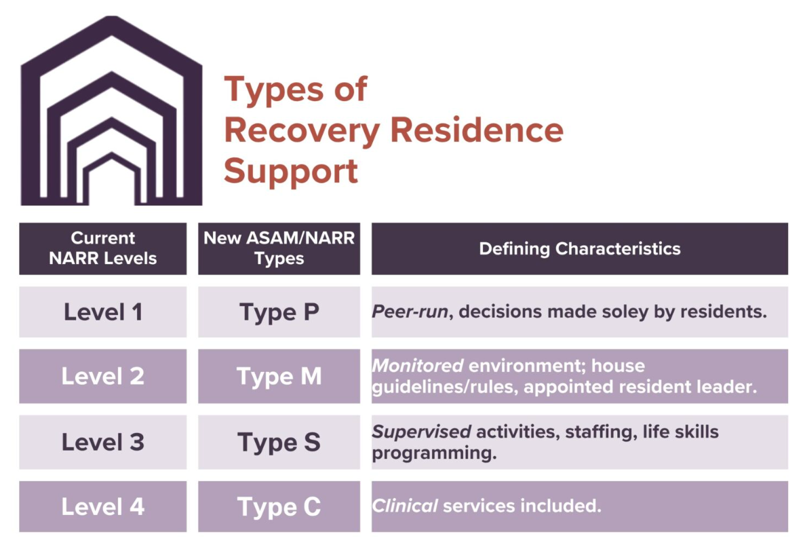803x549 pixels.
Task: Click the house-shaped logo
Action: coord(111,112)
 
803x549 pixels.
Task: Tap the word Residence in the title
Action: coord(477,130)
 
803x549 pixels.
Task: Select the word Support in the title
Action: coord(291,171)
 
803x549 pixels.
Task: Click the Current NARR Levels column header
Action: coord(102,248)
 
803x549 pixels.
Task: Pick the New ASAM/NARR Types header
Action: coord(279,248)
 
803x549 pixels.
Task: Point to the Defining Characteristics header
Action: coord(579,248)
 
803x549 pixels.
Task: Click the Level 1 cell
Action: coord(102,312)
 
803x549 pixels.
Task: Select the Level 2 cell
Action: coord(102,377)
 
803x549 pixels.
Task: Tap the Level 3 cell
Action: coord(102,442)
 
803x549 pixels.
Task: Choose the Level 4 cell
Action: coord(102,507)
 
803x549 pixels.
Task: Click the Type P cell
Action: coord(279,312)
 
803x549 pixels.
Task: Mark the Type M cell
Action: coord(279,377)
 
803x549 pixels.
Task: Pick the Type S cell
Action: coord(279,442)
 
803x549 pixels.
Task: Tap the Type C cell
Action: coord(279,507)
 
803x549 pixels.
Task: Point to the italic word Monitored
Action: coord(417,366)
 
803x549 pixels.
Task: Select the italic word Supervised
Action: coord(421,432)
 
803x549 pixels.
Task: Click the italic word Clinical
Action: coord(404,506)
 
